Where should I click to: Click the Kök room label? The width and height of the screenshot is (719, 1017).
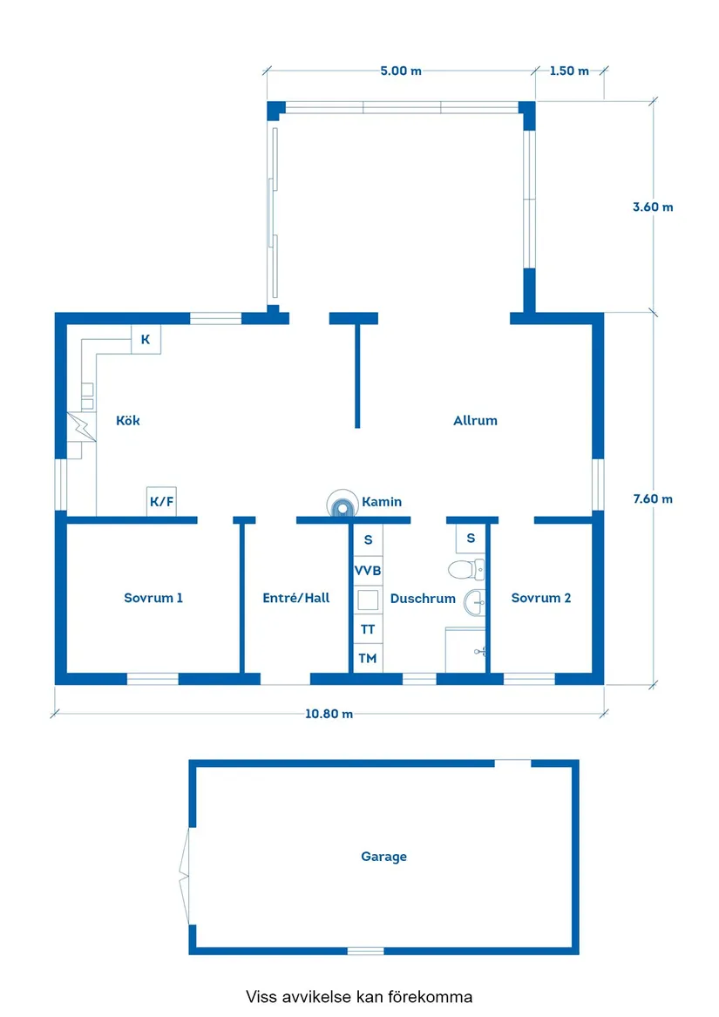128,421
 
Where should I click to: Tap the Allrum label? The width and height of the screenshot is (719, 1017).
475,421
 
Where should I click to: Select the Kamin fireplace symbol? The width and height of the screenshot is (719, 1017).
342,503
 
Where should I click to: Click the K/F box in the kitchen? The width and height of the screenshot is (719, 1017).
161,502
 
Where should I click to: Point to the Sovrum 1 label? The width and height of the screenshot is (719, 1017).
153,599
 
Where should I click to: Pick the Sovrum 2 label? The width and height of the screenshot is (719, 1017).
541,599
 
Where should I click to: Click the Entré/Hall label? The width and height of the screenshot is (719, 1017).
296,599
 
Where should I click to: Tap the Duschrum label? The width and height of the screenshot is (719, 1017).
423,600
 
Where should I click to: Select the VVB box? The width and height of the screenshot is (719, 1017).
368,571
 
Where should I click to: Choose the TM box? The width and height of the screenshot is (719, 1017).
368,659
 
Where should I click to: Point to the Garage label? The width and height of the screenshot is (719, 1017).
384,858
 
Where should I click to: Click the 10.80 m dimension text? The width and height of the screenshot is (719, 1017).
329,715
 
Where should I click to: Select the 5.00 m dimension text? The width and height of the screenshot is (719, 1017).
401,71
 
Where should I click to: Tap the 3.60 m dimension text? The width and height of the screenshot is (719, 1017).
653,207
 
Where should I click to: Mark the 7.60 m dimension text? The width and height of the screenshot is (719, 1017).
653,499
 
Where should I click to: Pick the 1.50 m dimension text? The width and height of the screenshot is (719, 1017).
569,71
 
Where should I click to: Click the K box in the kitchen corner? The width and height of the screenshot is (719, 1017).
146,340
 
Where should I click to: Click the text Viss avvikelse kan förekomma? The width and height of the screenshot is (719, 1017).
359,996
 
